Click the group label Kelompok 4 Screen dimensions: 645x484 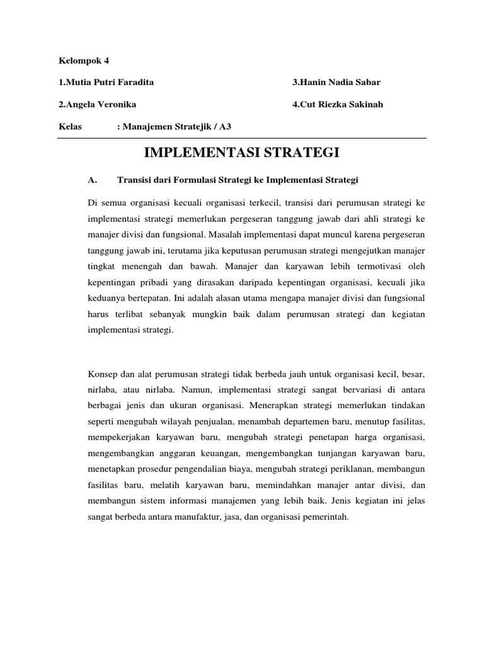(83, 60)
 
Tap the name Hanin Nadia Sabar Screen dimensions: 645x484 (337, 83)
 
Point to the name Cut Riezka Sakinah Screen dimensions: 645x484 (337, 104)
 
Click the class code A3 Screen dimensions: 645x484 (226, 126)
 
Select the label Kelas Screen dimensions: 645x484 (69, 126)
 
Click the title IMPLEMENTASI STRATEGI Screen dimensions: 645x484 (242, 152)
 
